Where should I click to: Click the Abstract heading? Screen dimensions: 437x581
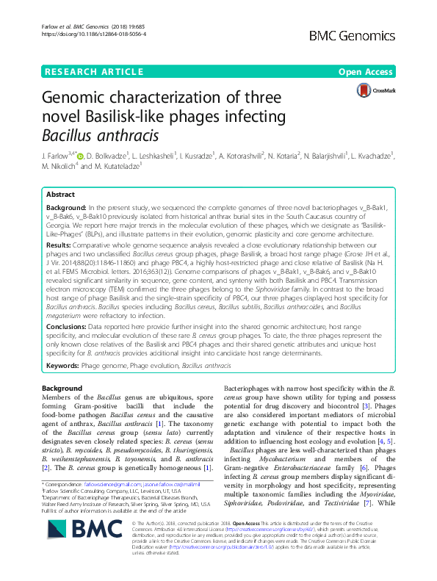click(x=61, y=195)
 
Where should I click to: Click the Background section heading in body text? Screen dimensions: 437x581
click(x=62, y=388)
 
